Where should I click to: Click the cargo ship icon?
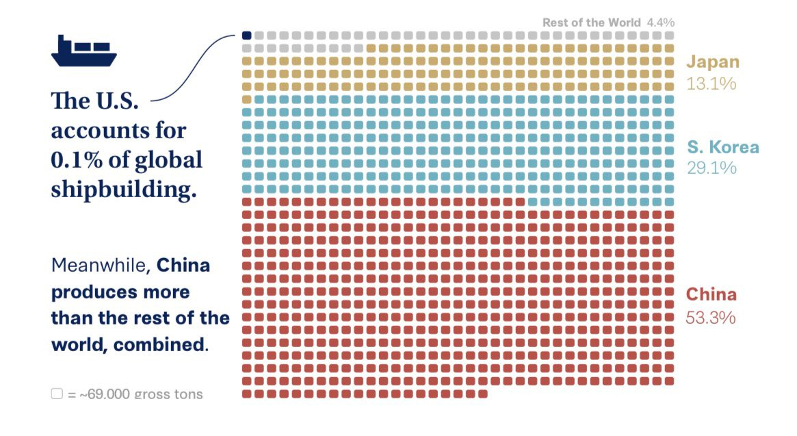pos(83,51)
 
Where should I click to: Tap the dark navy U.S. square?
pos(247,35)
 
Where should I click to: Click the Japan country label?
pos(713,62)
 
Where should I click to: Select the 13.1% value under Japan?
pos(711,84)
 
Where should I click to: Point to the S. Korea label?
pos(722,147)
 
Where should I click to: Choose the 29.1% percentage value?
pos(711,168)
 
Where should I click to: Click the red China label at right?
pos(711,295)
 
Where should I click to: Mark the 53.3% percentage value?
pos(711,318)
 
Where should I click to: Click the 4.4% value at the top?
pos(659,23)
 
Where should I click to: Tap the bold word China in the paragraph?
pos(184,266)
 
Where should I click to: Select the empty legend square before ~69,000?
pos(57,394)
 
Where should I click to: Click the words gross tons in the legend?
pos(168,394)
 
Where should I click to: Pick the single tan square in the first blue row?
pos(247,99)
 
